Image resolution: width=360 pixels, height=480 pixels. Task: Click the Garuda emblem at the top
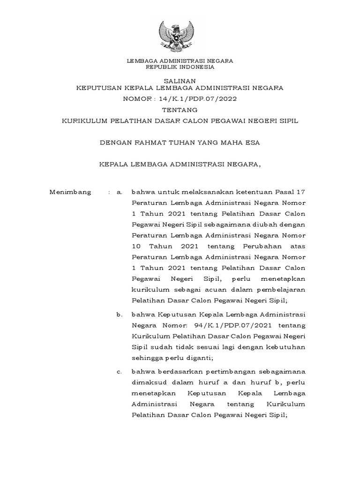click(180, 35)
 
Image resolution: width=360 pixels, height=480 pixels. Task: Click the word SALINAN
click(180, 81)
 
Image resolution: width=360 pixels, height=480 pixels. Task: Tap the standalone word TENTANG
click(180, 110)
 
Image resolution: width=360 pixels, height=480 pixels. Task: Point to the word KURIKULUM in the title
click(83, 121)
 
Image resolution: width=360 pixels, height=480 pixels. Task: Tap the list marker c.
click(119, 372)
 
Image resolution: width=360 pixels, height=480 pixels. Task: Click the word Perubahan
click(263, 246)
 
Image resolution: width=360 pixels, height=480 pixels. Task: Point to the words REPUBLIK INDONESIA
click(180, 67)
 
